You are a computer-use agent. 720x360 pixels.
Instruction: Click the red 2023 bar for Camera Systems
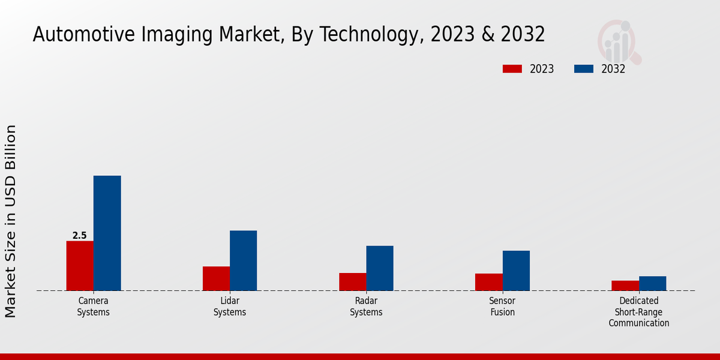pyautogui.click(x=80, y=266)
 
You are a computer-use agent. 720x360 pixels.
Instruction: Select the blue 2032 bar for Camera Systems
pyautogui.click(x=107, y=233)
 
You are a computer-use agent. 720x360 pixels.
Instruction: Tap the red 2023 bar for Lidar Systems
pyautogui.click(x=216, y=278)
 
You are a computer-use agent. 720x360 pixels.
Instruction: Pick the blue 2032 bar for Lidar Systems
pyautogui.click(x=243, y=260)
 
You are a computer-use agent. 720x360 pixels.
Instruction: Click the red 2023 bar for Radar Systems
pyautogui.click(x=352, y=282)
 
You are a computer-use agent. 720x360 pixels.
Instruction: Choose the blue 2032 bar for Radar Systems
pyautogui.click(x=380, y=268)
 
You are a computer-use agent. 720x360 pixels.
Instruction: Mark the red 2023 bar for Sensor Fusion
pyautogui.click(x=488, y=282)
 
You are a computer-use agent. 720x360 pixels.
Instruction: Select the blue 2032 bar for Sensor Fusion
pyautogui.click(x=516, y=271)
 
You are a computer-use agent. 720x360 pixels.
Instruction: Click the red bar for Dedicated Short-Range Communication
pyautogui.click(x=625, y=286)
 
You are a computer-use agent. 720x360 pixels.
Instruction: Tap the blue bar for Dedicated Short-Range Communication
pyautogui.click(x=652, y=283)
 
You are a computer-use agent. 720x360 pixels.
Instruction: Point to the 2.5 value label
pyautogui.click(x=79, y=236)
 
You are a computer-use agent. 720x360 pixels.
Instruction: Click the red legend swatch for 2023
pyautogui.click(x=512, y=69)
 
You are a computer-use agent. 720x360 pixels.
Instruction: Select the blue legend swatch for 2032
pyautogui.click(x=583, y=69)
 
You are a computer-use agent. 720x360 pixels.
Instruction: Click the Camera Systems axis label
pyautogui.click(x=94, y=307)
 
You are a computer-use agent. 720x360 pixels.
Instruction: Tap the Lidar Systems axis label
pyautogui.click(x=230, y=307)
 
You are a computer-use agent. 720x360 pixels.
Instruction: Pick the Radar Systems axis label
pyautogui.click(x=366, y=307)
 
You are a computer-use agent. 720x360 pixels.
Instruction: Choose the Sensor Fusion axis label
pyautogui.click(x=502, y=307)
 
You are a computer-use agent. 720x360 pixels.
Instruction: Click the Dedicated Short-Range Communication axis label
pyautogui.click(x=639, y=312)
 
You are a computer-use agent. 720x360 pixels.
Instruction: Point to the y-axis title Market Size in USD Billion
pyautogui.click(x=11, y=221)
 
